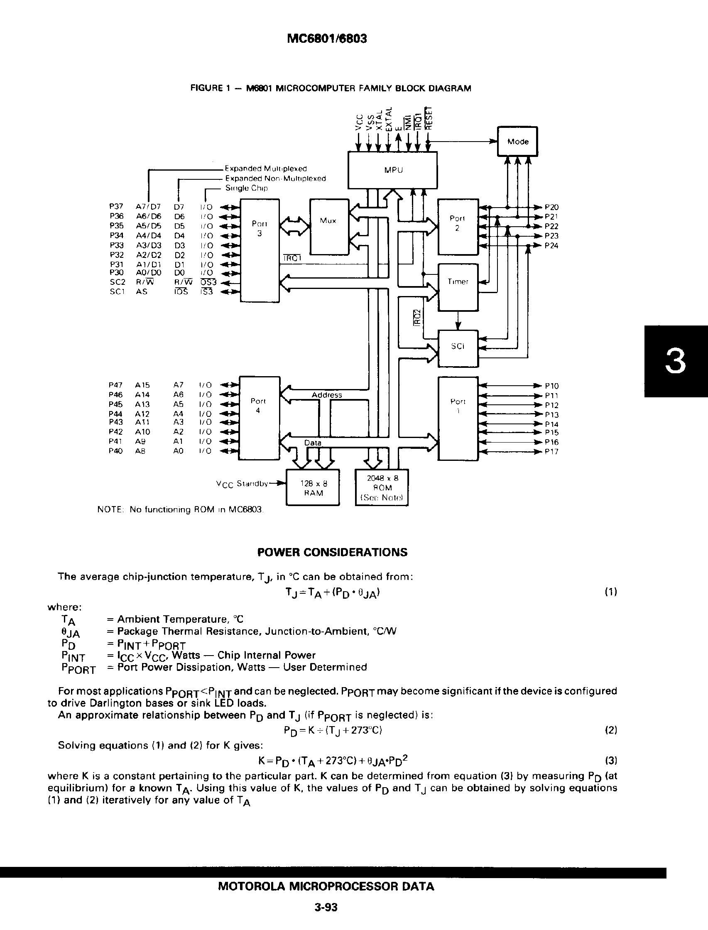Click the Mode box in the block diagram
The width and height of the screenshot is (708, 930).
click(517, 142)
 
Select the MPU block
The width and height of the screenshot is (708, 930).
click(392, 170)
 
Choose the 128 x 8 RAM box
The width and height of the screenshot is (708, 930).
click(313, 487)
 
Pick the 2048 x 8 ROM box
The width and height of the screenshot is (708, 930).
click(382, 487)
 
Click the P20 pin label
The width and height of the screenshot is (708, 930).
click(551, 207)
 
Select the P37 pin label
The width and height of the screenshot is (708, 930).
click(116, 207)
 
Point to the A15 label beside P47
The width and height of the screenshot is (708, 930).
click(142, 385)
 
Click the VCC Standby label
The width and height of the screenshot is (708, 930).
click(242, 484)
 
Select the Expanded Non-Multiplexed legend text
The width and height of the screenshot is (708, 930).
click(275, 179)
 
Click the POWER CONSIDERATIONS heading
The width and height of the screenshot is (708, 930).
click(332, 553)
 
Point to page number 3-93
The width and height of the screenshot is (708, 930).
click(326, 907)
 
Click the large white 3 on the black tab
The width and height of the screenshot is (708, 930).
click(675, 362)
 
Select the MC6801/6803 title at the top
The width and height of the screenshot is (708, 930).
click(327, 39)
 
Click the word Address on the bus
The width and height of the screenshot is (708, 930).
click(327, 395)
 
